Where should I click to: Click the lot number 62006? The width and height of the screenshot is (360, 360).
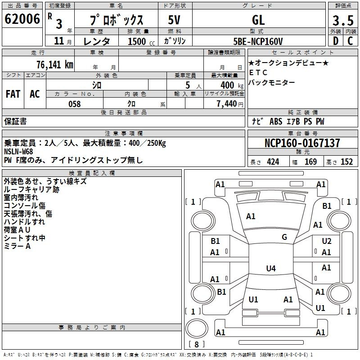(22, 19)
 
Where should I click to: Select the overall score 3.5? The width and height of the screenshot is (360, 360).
(343, 20)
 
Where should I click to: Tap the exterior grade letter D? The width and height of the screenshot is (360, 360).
(336, 41)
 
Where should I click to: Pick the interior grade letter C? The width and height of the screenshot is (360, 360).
(350, 41)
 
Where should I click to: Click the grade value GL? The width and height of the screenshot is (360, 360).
(258, 20)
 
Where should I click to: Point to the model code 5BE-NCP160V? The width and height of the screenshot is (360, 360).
(258, 41)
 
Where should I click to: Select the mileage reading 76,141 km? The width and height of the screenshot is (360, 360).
(55, 65)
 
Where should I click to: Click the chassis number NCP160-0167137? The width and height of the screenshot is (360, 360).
(302, 143)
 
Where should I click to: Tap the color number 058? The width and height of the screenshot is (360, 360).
(75, 104)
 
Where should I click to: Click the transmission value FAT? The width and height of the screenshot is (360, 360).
(13, 94)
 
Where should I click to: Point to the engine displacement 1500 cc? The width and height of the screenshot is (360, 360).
(141, 41)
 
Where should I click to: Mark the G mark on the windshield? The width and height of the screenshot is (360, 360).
(284, 237)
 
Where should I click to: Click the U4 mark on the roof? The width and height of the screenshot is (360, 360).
(271, 268)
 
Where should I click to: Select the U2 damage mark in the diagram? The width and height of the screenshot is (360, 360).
(327, 241)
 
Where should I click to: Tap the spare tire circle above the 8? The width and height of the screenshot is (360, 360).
(197, 329)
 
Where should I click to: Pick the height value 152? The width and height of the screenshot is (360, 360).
(346, 162)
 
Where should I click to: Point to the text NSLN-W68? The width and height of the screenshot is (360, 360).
(18, 152)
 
